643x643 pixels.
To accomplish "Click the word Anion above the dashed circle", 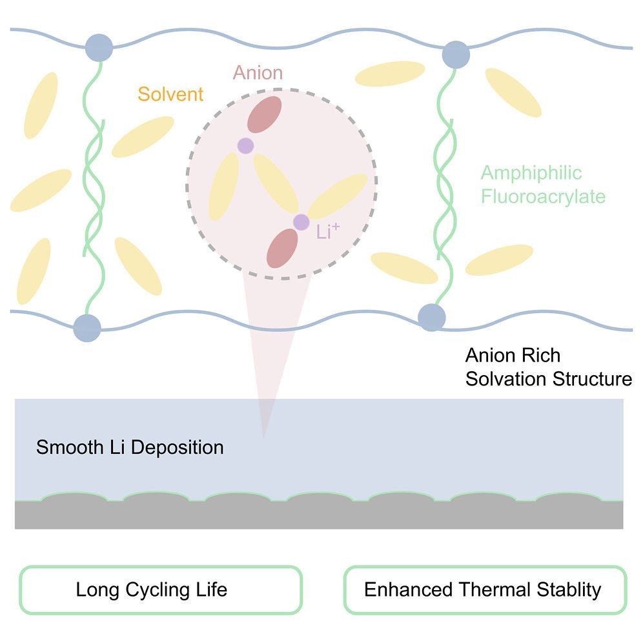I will pos(258,72).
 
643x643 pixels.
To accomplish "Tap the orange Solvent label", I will pos(170,94).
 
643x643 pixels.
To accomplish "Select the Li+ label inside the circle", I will pos(329,232).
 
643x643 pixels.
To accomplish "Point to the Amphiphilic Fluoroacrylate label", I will pos(543,184).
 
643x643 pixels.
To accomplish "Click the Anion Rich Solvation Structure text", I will pos(548,367).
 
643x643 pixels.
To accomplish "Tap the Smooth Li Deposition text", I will pos(130,447).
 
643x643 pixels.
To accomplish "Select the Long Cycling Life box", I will pos(161,589).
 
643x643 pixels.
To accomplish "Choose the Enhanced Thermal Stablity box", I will pos(485,589).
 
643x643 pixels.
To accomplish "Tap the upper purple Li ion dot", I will pos(245,146).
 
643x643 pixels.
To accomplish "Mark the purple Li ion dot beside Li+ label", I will pos(301,222).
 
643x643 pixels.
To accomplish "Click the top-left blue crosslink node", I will pos(99,46).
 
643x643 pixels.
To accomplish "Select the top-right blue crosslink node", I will pos(456,54).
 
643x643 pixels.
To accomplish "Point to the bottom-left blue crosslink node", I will pos(87,327).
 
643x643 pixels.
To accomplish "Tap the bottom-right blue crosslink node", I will pos(432,317).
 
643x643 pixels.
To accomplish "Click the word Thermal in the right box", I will pos(489,589).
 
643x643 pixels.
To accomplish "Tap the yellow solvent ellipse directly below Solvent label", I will pos(143,136).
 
